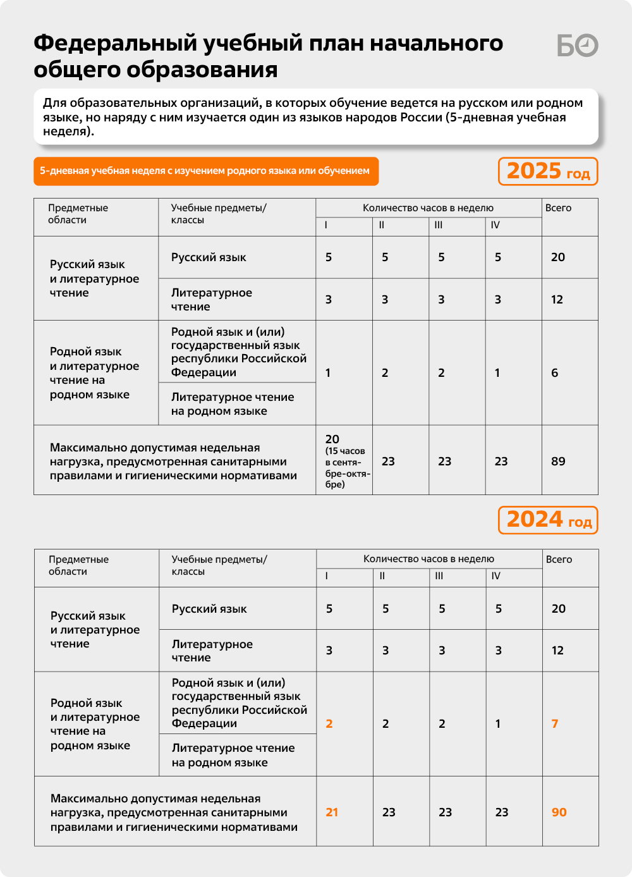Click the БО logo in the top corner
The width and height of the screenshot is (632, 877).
pyautogui.click(x=577, y=46)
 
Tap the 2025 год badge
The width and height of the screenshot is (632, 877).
pyautogui.click(x=548, y=171)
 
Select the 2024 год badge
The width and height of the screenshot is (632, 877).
pyautogui.click(x=548, y=520)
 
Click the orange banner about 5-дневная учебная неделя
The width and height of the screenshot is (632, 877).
pyautogui.click(x=205, y=171)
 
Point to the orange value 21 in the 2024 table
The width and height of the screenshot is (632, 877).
pyautogui.click(x=332, y=813)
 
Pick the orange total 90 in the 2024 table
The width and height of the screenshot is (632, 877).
pyautogui.click(x=559, y=813)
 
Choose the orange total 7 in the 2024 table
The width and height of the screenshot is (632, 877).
pyautogui.click(x=555, y=724)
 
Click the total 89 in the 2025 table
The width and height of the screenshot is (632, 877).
pyautogui.click(x=558, y=462)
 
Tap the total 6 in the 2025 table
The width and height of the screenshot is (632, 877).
pyautogui.click(x=554, y=373)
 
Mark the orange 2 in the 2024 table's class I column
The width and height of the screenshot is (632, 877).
pyautogui.click(x=329, y=724)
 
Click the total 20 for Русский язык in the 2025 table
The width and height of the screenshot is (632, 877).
pyautogui.click(x=557, y=257)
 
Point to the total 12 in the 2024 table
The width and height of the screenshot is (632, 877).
pyautogui.click(x=557, y=651)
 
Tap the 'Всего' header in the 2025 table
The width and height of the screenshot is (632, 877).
pyautogui.click(x=558, y=208)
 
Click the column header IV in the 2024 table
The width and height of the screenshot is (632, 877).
pyautogui.click(x=495, y=576)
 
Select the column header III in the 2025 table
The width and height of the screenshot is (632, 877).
pyautogui.click(x=439, y=225)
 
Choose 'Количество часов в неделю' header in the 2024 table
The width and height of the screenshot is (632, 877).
pyautogui.click(x=428, y=559)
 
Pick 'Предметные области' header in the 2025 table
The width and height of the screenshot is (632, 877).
pyautogui.click(x=78, y=214)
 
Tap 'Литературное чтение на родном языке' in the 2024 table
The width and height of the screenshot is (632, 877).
pyautogui.click(x=233, y=755)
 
